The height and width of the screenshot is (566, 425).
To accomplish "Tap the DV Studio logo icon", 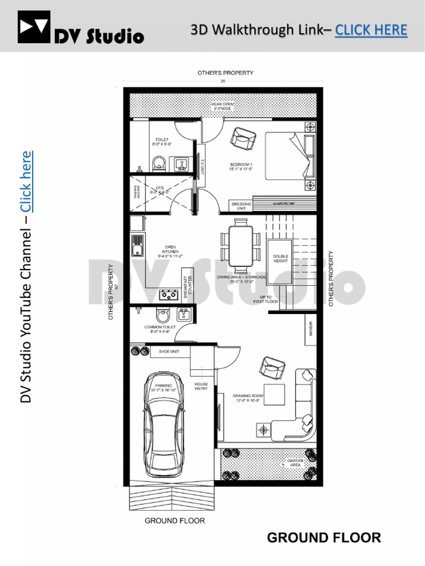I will pos(34,27).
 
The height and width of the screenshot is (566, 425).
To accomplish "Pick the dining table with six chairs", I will pos(241,246).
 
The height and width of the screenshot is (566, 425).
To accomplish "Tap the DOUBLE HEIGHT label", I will pos(281,259).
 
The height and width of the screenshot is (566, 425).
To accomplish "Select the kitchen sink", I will pos(137,245).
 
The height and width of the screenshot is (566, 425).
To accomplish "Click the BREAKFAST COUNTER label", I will pos(187,287).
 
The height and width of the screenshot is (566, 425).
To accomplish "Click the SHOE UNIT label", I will pos(168,351).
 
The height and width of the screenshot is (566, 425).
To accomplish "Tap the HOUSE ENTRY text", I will pos(200,386).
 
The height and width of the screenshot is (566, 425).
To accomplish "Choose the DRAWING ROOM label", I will pos(246,399).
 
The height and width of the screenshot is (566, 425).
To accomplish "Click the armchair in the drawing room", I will pos(271,365).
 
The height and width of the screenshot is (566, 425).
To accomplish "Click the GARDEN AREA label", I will pos(294,463).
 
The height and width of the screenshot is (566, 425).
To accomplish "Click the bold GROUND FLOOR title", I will pos(324,538).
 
